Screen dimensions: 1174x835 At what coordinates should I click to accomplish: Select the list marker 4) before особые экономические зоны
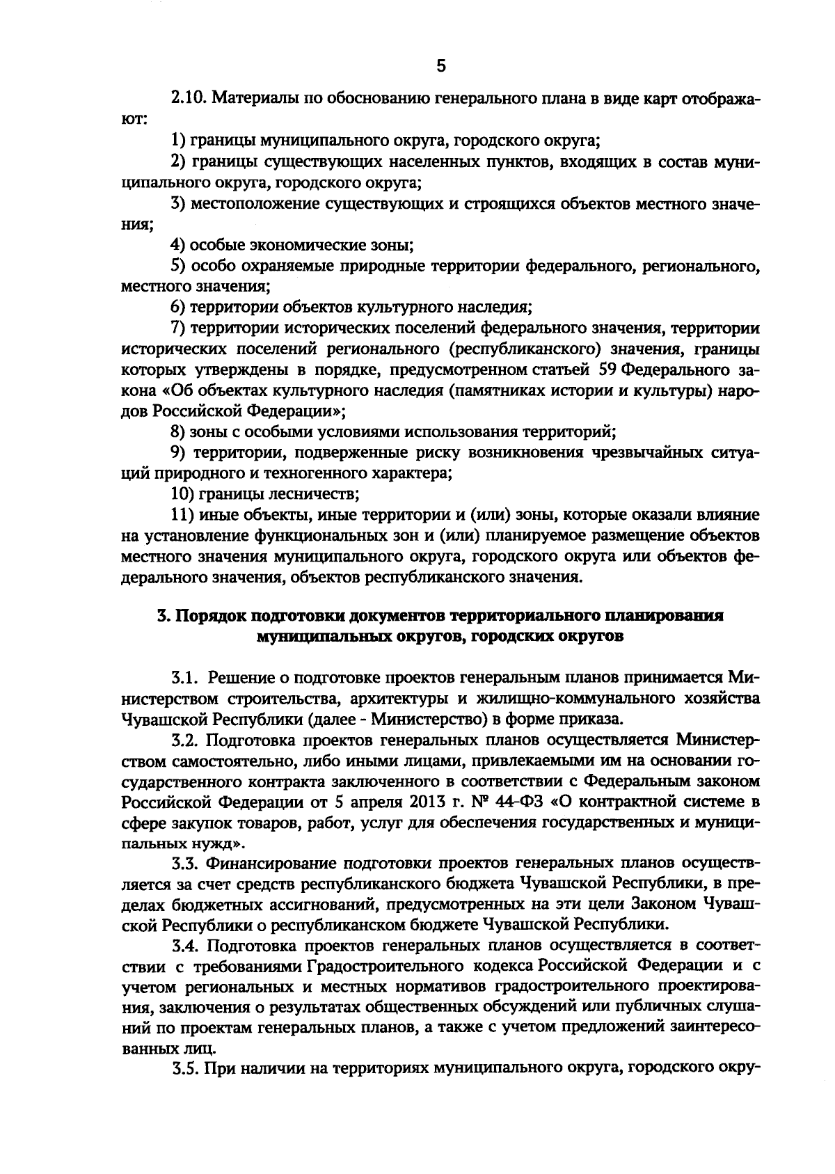179,245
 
